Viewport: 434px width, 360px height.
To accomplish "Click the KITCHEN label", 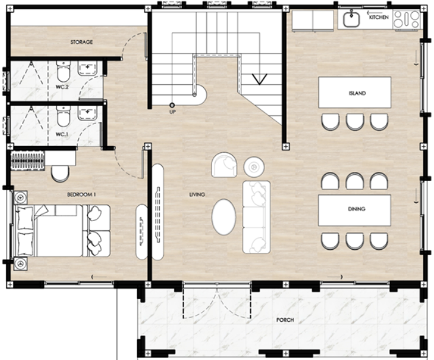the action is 379,17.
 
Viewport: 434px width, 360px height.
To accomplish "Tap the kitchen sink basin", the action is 352,19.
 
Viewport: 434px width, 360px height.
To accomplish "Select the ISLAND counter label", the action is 357,93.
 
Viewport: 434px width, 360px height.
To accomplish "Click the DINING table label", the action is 357,209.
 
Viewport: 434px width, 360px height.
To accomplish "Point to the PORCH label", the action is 285,320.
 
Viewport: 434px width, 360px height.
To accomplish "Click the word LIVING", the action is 197,195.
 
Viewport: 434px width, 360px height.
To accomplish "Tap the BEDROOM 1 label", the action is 82,195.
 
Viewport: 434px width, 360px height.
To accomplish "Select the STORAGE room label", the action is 82,42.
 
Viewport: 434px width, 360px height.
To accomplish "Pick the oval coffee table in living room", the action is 224,217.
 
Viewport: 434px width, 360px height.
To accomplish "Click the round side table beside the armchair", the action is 254,167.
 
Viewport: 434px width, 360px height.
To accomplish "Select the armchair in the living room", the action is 224,165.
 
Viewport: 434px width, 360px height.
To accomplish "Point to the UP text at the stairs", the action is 173,112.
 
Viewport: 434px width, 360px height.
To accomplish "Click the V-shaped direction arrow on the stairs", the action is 259,79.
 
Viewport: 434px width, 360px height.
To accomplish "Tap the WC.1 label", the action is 62,135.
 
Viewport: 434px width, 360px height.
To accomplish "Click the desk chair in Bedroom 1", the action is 60,174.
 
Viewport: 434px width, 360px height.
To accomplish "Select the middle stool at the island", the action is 355,122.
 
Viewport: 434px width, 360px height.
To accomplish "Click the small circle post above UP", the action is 172,105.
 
